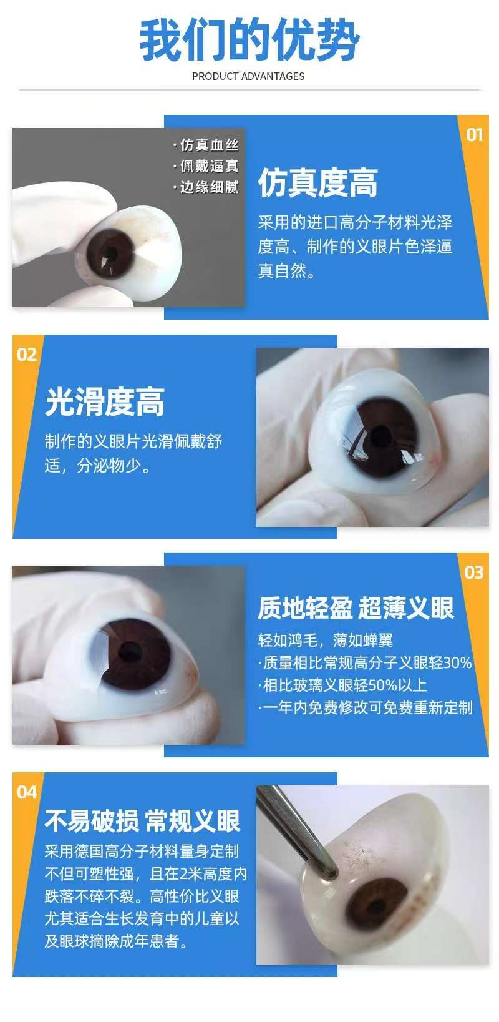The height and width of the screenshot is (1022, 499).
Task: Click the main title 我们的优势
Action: point(249,39)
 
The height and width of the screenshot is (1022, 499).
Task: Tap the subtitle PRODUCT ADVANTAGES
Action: point(248,76)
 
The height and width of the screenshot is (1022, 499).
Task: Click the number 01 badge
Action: point(475,135)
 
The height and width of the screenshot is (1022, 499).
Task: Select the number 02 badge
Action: point(26,355)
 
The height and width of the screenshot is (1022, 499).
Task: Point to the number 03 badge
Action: point(474,572)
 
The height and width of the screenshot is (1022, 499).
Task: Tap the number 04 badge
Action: point(26,792)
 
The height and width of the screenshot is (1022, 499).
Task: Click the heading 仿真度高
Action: point(317,183)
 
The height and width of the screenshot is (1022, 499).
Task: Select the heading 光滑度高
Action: point(104,402)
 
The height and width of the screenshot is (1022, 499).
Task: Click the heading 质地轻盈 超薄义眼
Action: point(356,608)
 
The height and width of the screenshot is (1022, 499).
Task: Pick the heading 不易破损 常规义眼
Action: point(142,821)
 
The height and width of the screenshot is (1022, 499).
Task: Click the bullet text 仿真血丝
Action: point(206,145)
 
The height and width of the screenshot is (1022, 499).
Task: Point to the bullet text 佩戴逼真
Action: point(206,166)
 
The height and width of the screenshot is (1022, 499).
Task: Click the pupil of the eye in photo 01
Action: point(110,252)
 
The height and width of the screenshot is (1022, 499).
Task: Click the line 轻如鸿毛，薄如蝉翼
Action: point(326,640)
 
